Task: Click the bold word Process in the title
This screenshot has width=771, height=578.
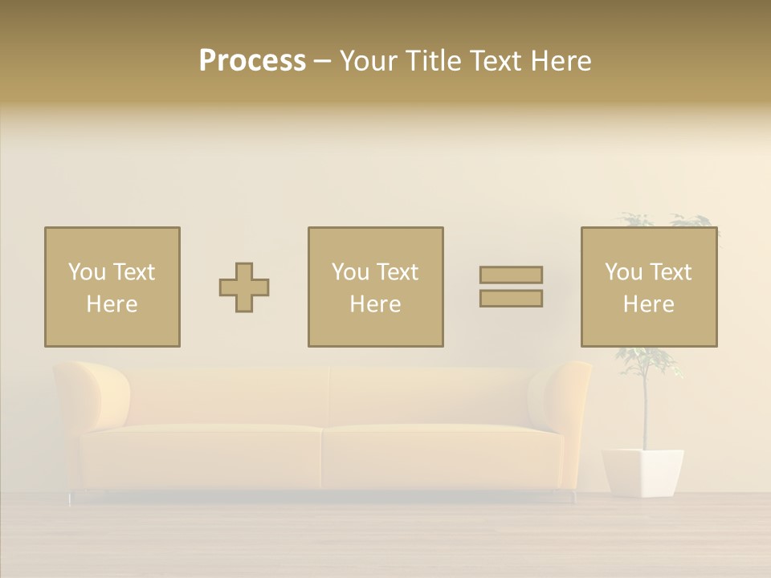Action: point(252,61)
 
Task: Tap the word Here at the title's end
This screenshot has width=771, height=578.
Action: point(560,61)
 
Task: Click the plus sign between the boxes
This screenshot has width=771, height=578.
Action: point(244,287)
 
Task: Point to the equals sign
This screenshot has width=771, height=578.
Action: point(511,287)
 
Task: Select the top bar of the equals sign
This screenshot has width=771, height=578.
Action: point(511,275)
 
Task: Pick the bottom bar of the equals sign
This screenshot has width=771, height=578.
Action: point(511,299)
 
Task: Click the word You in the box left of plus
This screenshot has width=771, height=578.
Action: point(87,272)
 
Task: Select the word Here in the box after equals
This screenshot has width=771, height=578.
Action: point(649,304)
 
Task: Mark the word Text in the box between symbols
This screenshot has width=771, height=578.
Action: point(397,272)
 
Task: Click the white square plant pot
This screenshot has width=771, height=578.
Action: point(642,472)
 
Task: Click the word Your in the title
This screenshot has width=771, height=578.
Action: point(368,61)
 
